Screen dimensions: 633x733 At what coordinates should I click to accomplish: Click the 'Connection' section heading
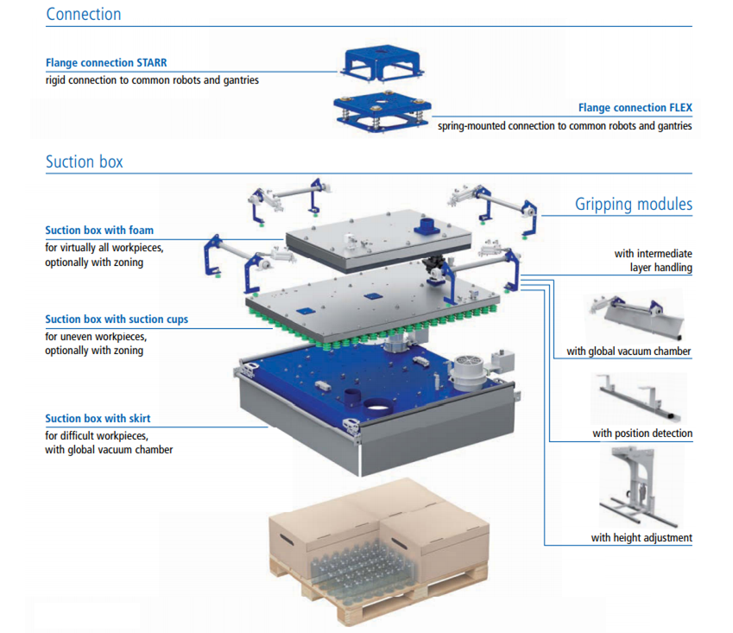(83, 14)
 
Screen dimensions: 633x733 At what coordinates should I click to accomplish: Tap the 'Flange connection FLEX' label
(635, 109)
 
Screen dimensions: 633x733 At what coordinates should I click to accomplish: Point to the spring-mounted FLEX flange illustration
(380, 112)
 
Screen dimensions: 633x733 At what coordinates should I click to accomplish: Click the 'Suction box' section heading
(84, 161)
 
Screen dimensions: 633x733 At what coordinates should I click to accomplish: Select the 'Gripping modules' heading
(634, 205)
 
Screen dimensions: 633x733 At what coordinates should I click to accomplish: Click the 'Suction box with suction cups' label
(117, 320)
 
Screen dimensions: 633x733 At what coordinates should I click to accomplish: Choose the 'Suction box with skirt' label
(98, 419)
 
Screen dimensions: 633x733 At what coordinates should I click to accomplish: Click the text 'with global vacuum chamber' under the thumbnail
(629, 351)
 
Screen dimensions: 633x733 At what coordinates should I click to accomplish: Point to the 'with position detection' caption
(642, 433)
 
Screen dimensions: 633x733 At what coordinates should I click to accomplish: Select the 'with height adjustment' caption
(641, 537)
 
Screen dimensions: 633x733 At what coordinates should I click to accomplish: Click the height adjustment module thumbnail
(640, 489)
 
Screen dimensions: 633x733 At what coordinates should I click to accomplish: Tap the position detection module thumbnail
(640, 397)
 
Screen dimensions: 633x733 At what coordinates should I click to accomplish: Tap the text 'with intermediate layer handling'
(653, 260)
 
